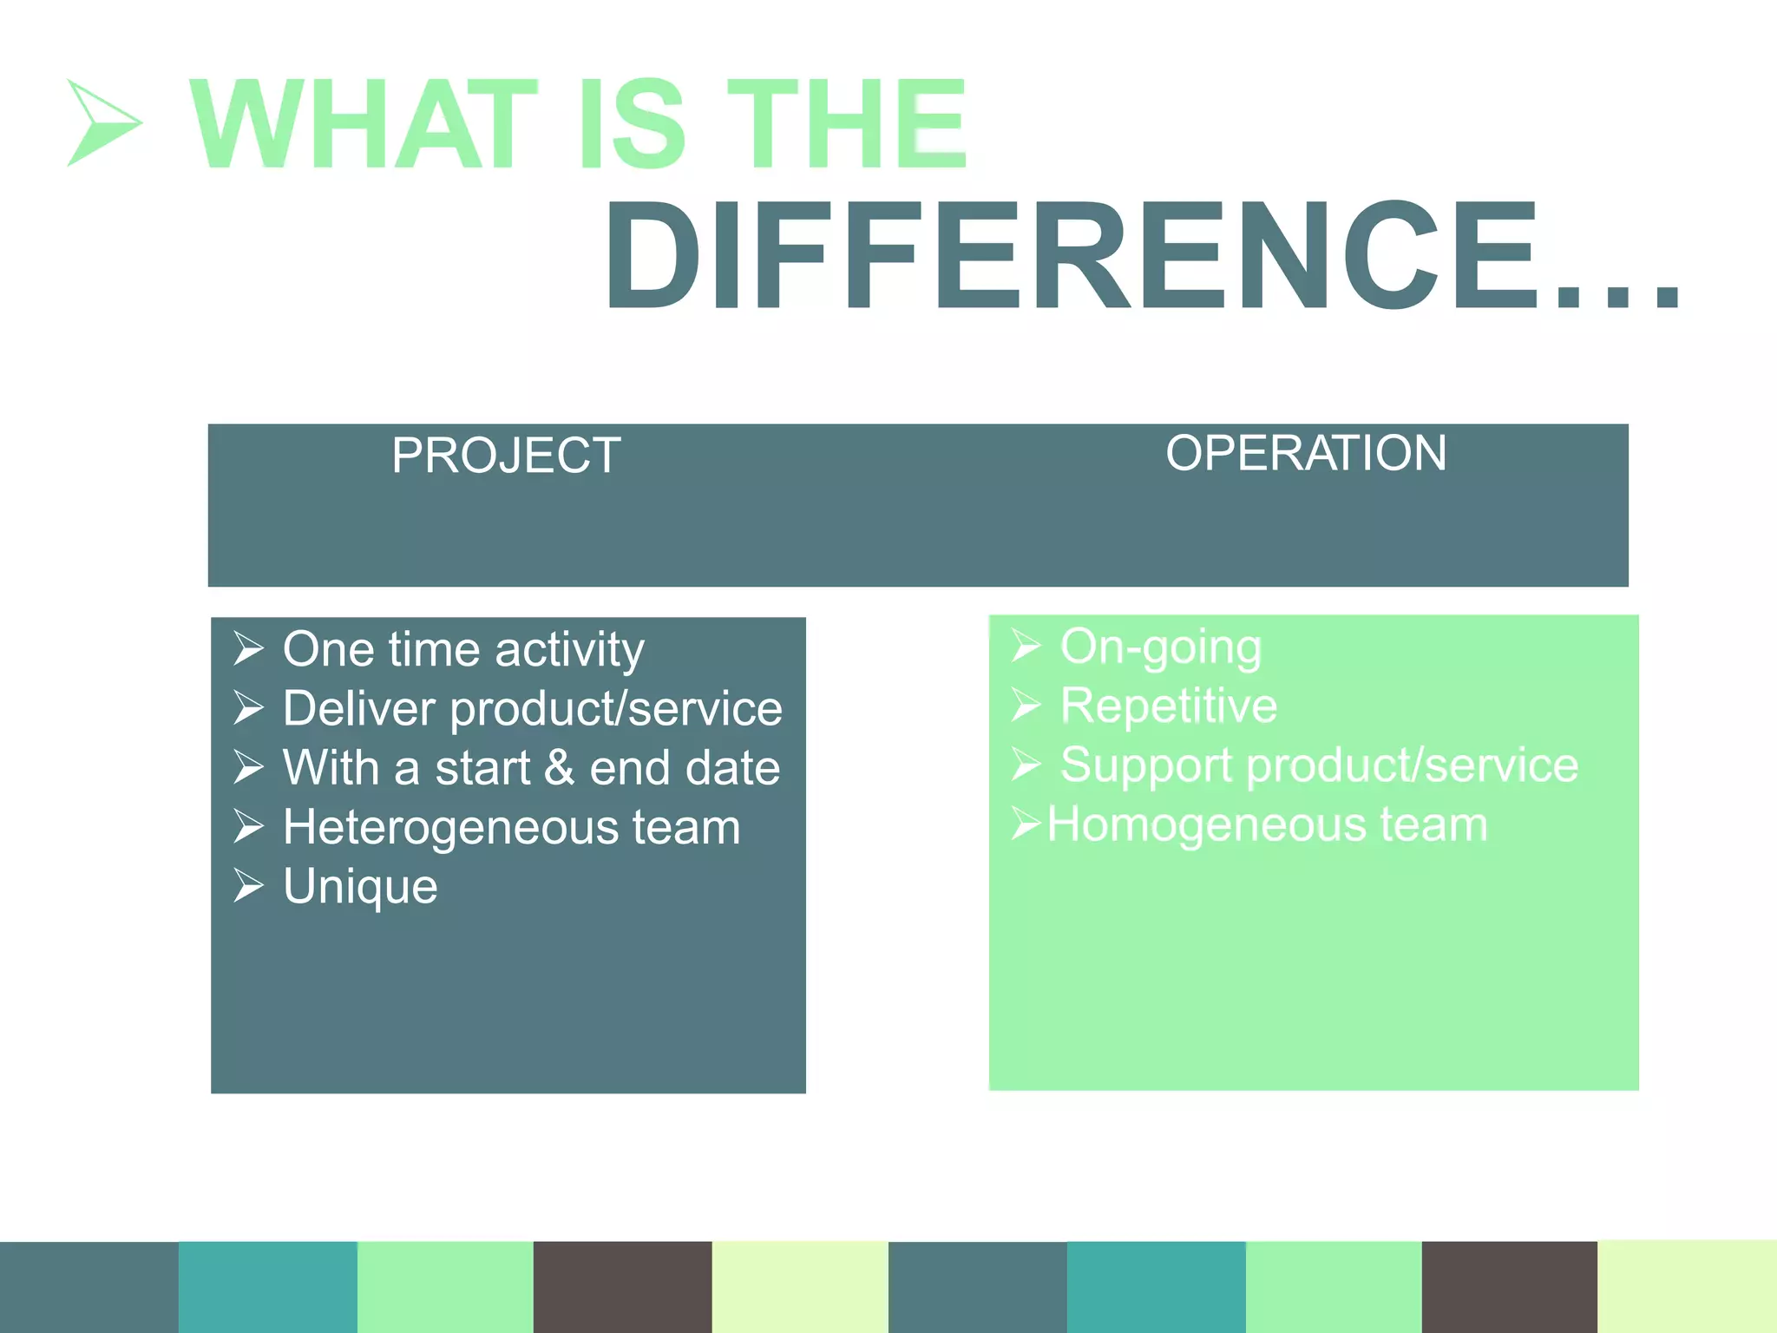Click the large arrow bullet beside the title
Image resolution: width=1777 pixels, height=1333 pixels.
[x=102, y=122]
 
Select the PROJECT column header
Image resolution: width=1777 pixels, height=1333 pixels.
[x=506, y=456]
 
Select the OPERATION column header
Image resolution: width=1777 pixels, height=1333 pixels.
[x=1306, y=453]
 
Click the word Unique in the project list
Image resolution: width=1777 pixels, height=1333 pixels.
[x=360, y=887]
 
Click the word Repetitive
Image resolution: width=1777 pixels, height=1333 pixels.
[x=1168, y=706]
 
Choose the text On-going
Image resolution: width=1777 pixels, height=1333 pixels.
[x=1160, y=647]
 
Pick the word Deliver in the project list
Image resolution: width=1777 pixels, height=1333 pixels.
[x=358, y=709]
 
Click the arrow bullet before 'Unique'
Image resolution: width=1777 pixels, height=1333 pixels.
[x=248, y=886]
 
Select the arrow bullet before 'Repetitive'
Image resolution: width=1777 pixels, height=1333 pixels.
[x=1025, y=706]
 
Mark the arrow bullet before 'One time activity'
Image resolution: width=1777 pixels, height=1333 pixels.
[x=248, y=649]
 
